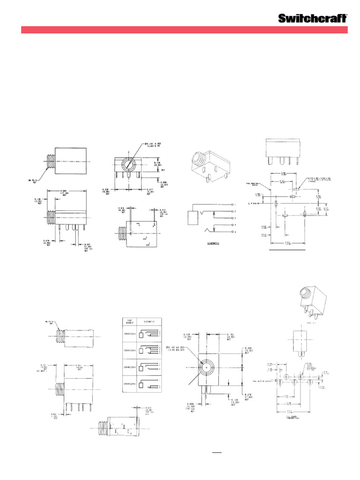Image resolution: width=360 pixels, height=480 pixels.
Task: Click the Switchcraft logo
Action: point(313,18)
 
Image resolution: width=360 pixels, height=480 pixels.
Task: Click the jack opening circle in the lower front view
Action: point(206,368)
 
